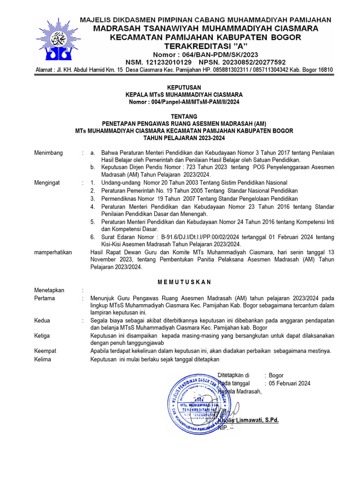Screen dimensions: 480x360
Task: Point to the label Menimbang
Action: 49,153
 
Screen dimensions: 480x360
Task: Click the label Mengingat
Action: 47,182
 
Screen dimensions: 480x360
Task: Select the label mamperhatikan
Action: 53,252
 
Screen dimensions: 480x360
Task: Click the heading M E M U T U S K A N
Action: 184,282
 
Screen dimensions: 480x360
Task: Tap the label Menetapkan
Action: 49,290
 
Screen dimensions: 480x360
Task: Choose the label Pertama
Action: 45,298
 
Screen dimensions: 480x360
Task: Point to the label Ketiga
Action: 43,335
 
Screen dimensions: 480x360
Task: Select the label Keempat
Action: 45,351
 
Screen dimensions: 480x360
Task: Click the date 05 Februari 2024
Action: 290,383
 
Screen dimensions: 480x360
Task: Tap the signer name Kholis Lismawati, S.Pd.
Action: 252,420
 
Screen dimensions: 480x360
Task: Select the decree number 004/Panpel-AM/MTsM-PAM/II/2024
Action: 197,101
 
